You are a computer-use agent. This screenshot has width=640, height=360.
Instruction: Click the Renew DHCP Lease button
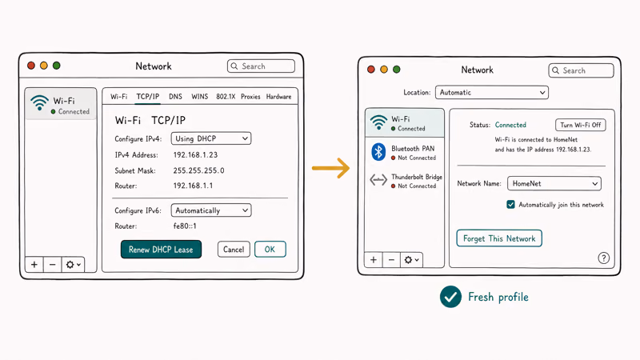coord(161,250)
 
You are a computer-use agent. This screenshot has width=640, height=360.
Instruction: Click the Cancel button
coord(234,250)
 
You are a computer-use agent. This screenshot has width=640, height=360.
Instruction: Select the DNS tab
coord(175,97)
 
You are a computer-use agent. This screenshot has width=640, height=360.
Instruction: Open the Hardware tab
coord(278,97)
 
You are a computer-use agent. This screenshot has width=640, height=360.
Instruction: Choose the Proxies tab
coord(250,97)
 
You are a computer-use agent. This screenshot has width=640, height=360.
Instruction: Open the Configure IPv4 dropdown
coord(211,138)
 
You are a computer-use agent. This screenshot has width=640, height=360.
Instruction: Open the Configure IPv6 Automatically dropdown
coord(211,210)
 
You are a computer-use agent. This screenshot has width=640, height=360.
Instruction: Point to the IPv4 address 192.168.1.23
coord(195,155)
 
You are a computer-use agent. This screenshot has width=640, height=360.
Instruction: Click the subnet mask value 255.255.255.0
coord(198,170)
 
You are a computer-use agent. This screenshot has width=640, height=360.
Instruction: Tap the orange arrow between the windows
coord(330,168)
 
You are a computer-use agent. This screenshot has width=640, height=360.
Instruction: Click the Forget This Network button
coord(499,238)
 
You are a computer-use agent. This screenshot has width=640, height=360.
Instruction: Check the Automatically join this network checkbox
coord(510,205)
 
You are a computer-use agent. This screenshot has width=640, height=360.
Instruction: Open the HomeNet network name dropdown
coord(554,184)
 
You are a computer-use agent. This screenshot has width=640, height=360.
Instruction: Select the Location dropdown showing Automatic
coord(492,93)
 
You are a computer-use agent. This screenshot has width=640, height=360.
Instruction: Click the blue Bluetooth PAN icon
coord(378,152)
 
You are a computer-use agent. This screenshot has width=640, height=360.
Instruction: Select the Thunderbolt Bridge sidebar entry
coord(406,180)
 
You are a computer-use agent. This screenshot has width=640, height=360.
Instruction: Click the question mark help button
coord(604,258)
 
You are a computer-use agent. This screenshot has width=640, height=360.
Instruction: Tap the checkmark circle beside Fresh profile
coord(450,297)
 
